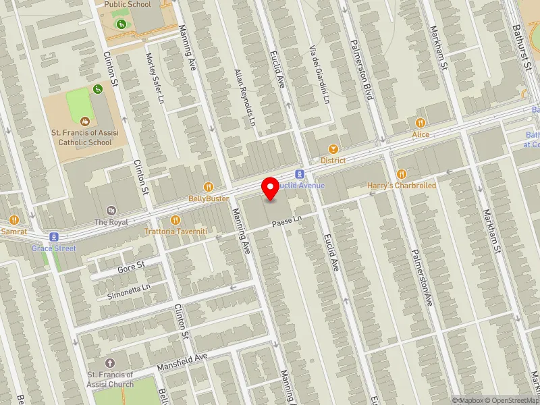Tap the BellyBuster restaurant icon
[x=209, y=187]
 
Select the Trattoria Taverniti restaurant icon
[x=175, y=219]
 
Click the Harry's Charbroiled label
[x=402, y=185]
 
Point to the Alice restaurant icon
[x=421, y=123]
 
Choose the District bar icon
[x=333, y=149]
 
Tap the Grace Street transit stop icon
[x=54, y=237]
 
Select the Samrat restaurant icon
[x=13, y=220]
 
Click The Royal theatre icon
[x=111, y=211]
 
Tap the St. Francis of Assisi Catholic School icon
[x=84, y=122]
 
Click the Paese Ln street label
[x=286, y=221]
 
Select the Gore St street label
[x=131, y=268]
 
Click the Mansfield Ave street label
[x=181, y=362]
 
